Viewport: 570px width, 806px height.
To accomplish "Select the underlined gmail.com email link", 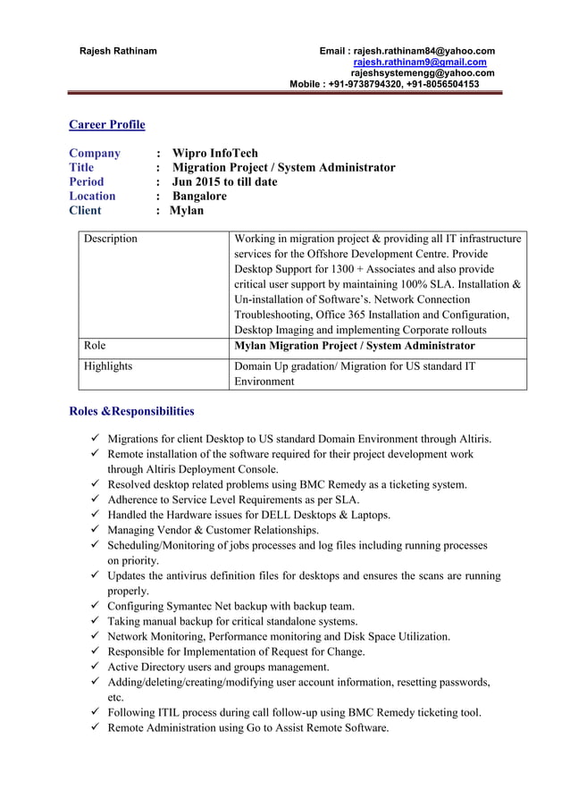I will tap(420, 62).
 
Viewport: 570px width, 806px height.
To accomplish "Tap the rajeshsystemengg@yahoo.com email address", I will tap(422, 73).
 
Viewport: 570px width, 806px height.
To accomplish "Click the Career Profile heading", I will tap(107, 124).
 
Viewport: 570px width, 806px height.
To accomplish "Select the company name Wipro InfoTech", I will tap(214, 153).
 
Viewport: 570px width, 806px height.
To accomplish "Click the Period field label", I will tap(87, 181).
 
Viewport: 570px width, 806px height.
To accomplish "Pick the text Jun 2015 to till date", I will tap(224, 181).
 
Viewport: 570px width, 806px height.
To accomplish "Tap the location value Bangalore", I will tap(199, 196).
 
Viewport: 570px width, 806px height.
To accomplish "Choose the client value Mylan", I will tap(187, 210).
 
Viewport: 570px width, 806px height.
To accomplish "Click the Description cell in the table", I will tap(111, 239).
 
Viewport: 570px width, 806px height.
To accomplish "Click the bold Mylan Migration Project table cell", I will tap(354, 345).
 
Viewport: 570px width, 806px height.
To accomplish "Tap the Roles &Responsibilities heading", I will tap(131, 411).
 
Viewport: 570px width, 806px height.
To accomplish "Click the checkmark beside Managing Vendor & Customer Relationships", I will tap(94, 530).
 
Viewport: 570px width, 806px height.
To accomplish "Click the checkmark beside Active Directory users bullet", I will tap(94, 667).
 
